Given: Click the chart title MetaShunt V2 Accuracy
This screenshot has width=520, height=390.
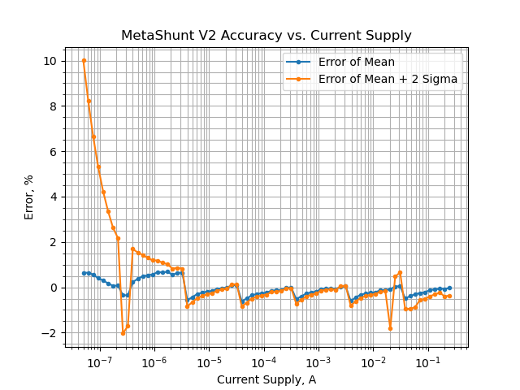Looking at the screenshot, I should (x=266, y=36).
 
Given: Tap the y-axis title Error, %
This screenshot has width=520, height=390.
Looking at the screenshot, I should (x=29, y=197).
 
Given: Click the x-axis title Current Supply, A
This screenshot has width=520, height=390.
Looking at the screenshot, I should (x=266, y=379).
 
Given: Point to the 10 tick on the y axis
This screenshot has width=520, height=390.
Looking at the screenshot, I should (x=50, y=61).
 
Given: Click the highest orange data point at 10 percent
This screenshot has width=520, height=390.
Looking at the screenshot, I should (x=84, y=61).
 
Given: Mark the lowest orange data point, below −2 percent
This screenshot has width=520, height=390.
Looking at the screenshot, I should (x=123, y=333).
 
